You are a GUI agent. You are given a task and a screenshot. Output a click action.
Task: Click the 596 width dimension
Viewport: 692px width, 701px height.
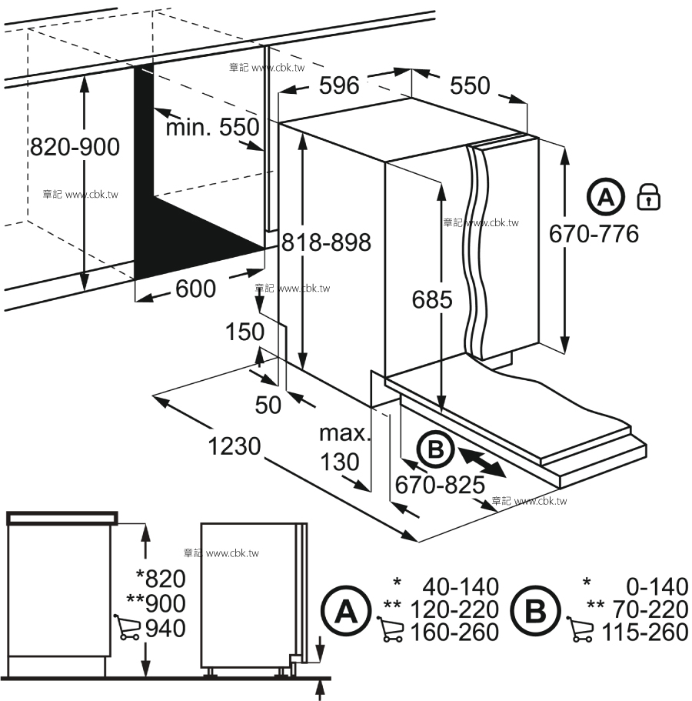click(x=339, y=85)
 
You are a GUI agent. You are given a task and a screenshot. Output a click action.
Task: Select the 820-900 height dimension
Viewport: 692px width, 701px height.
click(x=75, y=147)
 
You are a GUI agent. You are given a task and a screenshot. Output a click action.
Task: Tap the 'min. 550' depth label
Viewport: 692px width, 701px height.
click(x=213, y=127)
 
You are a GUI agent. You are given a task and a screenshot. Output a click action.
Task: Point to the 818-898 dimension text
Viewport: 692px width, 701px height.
click(x=326, y=242)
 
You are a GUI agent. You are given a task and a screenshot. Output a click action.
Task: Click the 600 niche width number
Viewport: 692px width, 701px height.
click(x=195, y=289)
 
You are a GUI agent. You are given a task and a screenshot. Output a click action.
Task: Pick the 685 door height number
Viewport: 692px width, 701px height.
click(x=432, y=299)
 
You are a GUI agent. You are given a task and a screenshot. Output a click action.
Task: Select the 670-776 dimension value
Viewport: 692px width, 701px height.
click(x=594, y=234)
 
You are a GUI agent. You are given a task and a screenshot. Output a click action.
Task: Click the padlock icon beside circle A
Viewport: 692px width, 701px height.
click(x=649, y=196)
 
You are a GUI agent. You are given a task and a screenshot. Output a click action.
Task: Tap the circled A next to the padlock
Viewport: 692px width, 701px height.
click(x=606, y=197)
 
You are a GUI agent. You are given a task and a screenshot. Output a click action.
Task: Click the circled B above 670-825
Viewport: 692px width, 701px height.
click(x=435, y=449)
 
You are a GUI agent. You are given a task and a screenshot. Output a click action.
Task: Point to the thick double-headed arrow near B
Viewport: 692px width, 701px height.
click(x=483, y=463)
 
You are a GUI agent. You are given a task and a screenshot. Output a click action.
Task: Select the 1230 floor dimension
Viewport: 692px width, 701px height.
click(x=235, y=446)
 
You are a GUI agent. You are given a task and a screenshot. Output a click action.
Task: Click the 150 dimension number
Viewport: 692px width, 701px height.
click(x=245, y=332)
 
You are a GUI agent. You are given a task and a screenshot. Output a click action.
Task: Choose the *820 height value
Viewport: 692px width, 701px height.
click(x=161, y=579)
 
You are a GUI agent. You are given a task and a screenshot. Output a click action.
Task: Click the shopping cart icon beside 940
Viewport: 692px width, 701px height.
click(x=128, y=627)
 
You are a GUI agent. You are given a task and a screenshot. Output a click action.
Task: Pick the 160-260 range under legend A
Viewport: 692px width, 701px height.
click(x=454, y=633)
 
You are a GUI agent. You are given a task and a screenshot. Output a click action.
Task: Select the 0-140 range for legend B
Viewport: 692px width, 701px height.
click(x=657, y=586)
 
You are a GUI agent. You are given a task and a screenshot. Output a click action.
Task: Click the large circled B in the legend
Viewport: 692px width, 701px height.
click(x=535, y=611)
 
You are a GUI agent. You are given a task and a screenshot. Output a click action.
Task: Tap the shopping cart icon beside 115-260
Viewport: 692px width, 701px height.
click(x=580, y=629)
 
